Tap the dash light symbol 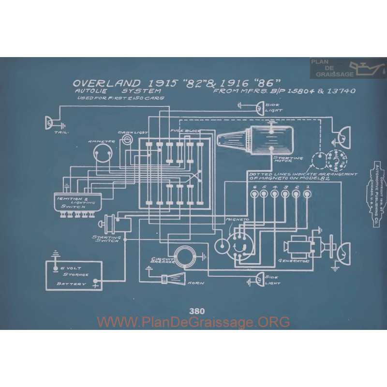127,139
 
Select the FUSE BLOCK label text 182,131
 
